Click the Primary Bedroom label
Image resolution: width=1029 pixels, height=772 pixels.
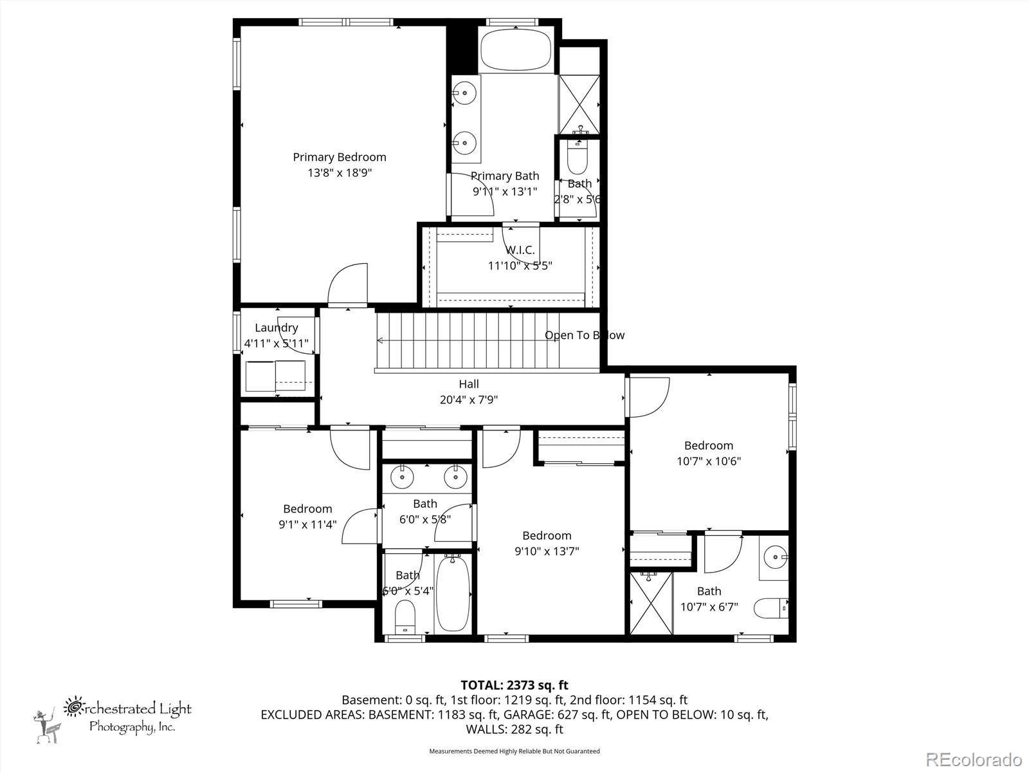(x=340, y=157)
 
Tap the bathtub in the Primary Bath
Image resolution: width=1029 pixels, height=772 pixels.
(x=516, y=50)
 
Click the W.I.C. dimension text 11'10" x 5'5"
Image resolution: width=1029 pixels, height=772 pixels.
(x=520, y=265)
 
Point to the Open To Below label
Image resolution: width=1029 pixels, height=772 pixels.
(x=584, y=335)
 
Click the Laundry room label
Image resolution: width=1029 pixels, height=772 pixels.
(x=276, y=327)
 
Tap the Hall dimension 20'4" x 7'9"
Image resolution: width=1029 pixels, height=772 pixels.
(x=468, y=400)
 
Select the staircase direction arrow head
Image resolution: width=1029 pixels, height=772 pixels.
(x=380, y=340)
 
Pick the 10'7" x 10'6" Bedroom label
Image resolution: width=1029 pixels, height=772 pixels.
(x=708, y=445)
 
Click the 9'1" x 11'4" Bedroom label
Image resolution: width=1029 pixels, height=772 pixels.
(x=307, y=509)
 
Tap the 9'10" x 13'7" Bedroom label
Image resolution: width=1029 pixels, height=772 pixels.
(x=547, y=535)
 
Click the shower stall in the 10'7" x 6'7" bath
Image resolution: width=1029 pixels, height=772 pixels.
(x=651, y=602)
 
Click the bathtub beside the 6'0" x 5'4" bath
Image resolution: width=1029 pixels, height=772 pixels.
(x=453, y=594)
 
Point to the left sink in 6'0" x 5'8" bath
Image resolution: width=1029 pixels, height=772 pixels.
(x=403, y=477)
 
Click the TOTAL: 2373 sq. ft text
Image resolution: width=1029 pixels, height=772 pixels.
(x=514, y=685)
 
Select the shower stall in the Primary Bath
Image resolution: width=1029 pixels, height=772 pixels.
(x=579, y=104)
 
